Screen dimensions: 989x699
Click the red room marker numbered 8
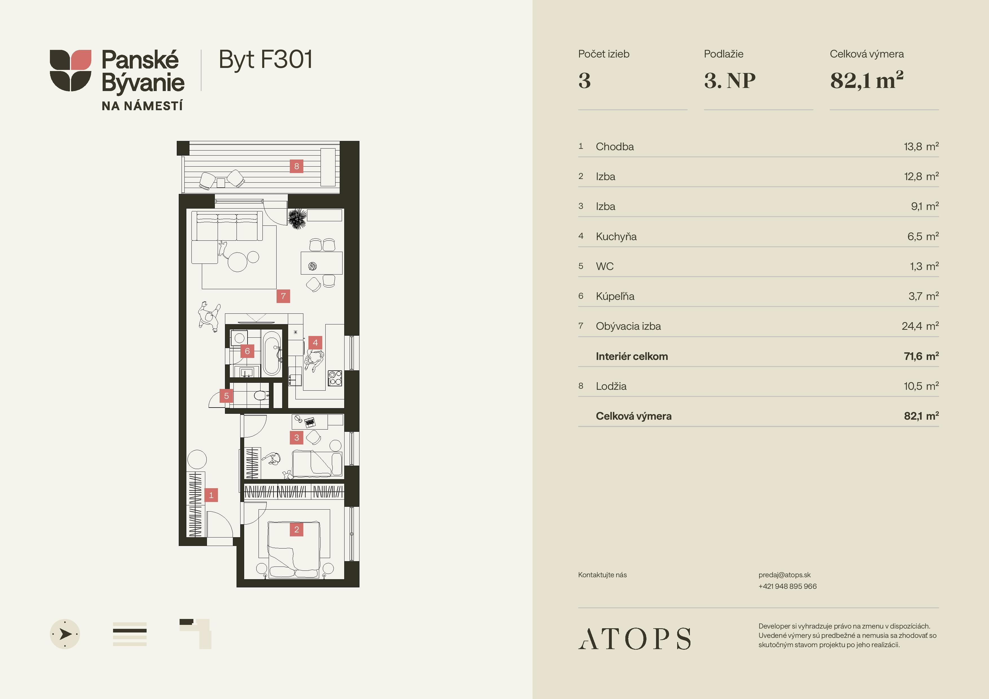(296, 166)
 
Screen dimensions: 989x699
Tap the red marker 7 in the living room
(283, 296)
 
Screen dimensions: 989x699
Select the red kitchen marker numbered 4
(315, 343)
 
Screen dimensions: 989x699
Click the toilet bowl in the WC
(261, 395)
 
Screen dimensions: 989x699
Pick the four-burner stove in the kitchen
(335, 378)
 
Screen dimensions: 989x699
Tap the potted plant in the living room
(297, 219)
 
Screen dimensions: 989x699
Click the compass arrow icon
(65, 634)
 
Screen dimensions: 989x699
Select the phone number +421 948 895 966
(787, 586)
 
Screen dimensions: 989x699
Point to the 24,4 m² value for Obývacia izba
(920, 326)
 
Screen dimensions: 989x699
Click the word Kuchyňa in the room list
(616, 236)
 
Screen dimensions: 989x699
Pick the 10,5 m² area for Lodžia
(921, 386)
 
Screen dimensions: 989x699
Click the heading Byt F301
(265, 60)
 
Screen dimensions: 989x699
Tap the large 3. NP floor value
(730, 81)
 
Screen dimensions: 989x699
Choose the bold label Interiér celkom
(632, 356)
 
